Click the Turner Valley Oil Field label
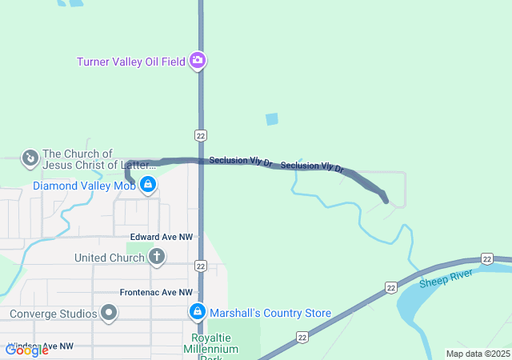(x=131, y=62)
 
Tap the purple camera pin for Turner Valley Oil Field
(x=198, y=61)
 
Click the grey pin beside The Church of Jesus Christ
(x=30, y=158)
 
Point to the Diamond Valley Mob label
(x=84, y=186)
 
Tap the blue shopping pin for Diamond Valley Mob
(x=147, y=186)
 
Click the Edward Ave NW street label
(x=162, y=237)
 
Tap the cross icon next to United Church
(x=157, y=257)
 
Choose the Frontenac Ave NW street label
(x=156, y=293)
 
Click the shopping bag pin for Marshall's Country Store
(x=197, y=312)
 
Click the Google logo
(x=26, y=350)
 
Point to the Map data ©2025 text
(x=478, y=354)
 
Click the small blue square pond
(x=272, y=119)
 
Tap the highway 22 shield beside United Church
(x=200, y=266)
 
